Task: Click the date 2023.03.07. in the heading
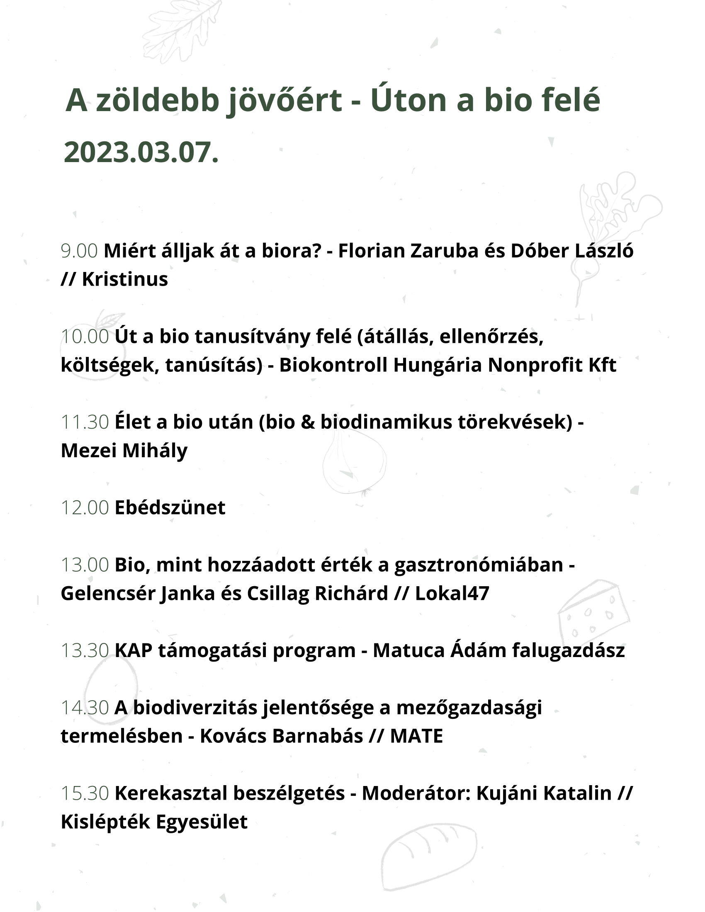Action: click(x=141, y=153)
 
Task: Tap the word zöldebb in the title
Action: click(x=158, y=101)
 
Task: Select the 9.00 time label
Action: click(x=79, y=251)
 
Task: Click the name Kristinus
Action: click(x=125, y=279)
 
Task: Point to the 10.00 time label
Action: click(x=85, y=337)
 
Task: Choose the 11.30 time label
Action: click(x=85, y=422)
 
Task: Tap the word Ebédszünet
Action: click(x=170, y=508)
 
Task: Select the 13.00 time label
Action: click(x=85, y=565)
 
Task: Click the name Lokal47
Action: click(x=452, y=593)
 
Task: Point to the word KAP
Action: click(x=133, y=650)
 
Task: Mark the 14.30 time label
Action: click(x=85, y=708)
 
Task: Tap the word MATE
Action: click(x=416, y=736)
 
